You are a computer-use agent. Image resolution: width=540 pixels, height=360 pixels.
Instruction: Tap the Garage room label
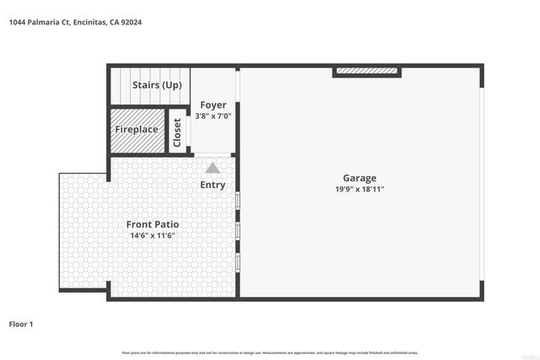coord(359,178)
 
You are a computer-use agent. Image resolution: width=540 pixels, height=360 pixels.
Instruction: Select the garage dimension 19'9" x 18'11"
coord(359,190)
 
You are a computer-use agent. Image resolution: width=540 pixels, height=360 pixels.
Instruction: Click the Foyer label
coord(213,105)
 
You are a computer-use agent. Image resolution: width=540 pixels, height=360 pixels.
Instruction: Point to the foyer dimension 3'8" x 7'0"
coord(213,116)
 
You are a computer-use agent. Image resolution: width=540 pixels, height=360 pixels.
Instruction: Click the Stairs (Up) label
coord(157,85)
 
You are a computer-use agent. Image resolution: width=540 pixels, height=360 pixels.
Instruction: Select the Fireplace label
coord(137,130)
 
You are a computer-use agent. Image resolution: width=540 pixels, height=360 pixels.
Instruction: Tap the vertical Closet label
coord(177,132)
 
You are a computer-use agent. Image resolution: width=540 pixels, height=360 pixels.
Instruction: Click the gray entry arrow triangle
coord(213,168)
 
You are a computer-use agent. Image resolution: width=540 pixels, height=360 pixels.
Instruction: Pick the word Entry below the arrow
coord(213,185)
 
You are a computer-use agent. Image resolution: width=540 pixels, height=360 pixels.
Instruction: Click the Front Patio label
coord(152,224)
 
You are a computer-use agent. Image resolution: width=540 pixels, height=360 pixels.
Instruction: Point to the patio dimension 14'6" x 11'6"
coord(152,236)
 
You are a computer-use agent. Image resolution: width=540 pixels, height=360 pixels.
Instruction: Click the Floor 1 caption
coord(20,323)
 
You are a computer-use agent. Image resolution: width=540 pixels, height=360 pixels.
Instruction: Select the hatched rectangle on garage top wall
coord(368,72)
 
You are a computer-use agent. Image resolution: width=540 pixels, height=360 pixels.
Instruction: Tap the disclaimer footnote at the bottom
coord(270,352)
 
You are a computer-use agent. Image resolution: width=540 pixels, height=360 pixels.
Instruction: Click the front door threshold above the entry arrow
coord(213,154)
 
